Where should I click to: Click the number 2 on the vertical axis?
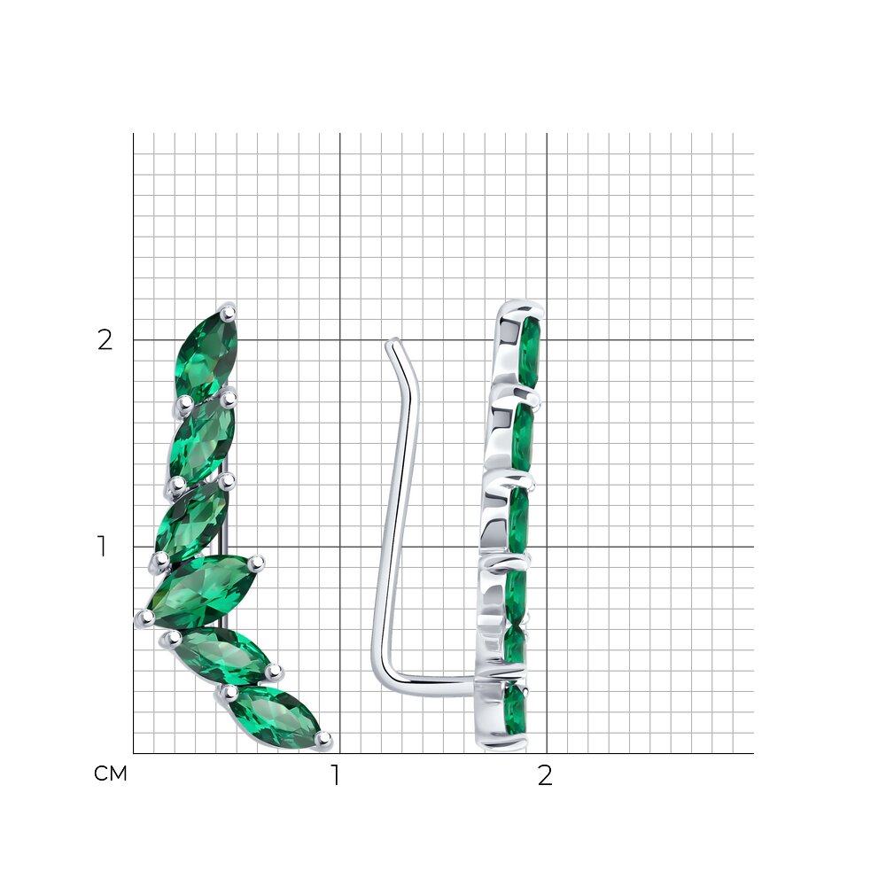pos(105,340)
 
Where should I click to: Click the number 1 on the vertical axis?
pos(102,547)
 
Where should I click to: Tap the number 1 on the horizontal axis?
pos(336,775)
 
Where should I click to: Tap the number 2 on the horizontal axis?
pos(545,775)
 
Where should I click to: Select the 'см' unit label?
pos(111,773)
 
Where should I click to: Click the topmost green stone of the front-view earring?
pos(206,354)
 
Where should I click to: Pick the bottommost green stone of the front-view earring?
pos(276,718)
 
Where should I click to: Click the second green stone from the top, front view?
pos(201,439)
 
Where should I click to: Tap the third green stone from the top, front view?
pos(192,521)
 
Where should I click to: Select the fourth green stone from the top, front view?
pos(202,590)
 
